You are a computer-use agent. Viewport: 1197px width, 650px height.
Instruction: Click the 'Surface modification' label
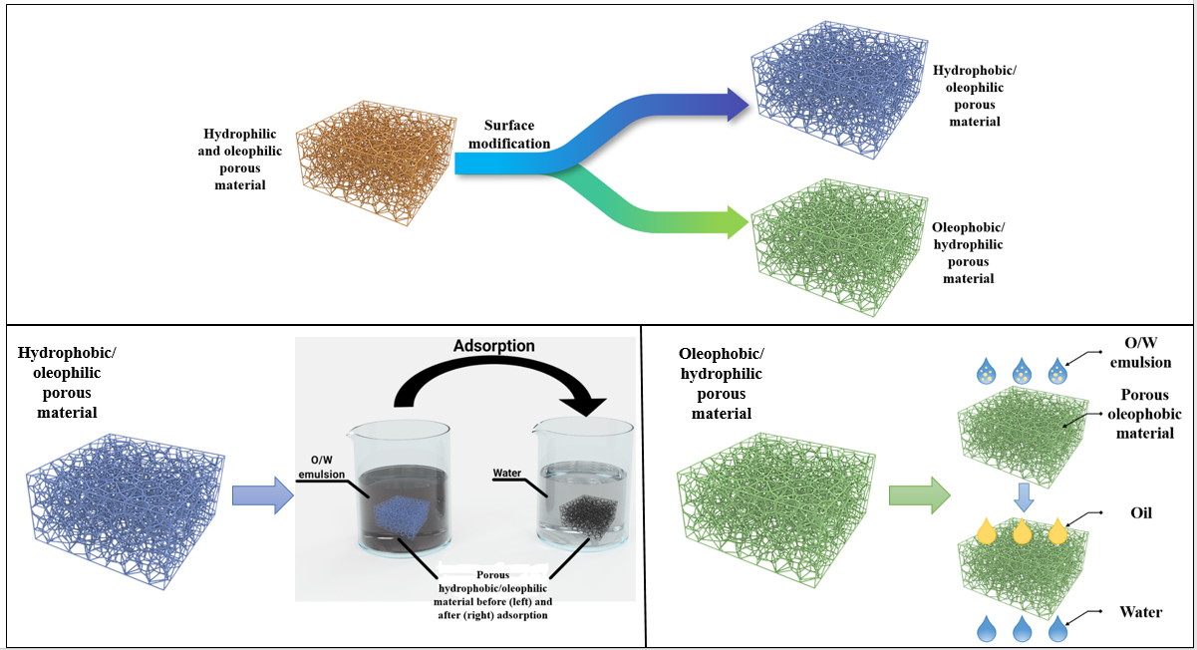pos(516,135)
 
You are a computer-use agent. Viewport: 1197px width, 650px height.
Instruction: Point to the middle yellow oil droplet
pos(1021,530)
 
